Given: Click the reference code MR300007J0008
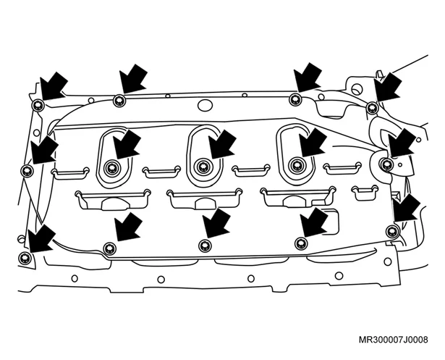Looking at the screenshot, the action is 393,340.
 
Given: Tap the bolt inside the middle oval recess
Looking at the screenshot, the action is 202,166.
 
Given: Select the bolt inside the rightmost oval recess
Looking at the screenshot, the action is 295,165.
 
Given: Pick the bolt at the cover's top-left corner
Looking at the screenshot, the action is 38,106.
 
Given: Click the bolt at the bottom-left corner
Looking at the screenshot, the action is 24,258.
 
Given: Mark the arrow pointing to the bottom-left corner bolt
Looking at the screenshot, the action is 41,238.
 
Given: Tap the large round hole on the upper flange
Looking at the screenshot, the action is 205,106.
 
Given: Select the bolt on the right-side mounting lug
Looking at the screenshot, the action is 386,164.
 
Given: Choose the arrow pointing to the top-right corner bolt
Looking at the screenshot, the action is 387,88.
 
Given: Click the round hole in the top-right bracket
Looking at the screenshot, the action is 357,89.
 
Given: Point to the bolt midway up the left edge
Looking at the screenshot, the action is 27,170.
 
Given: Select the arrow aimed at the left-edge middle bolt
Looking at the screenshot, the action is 44,149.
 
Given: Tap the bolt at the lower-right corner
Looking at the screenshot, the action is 392,230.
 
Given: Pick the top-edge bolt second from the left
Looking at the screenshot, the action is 119,100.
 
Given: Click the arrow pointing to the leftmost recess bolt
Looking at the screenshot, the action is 127,144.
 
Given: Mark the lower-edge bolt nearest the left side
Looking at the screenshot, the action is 109,248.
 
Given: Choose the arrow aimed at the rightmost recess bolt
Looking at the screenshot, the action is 313,142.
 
